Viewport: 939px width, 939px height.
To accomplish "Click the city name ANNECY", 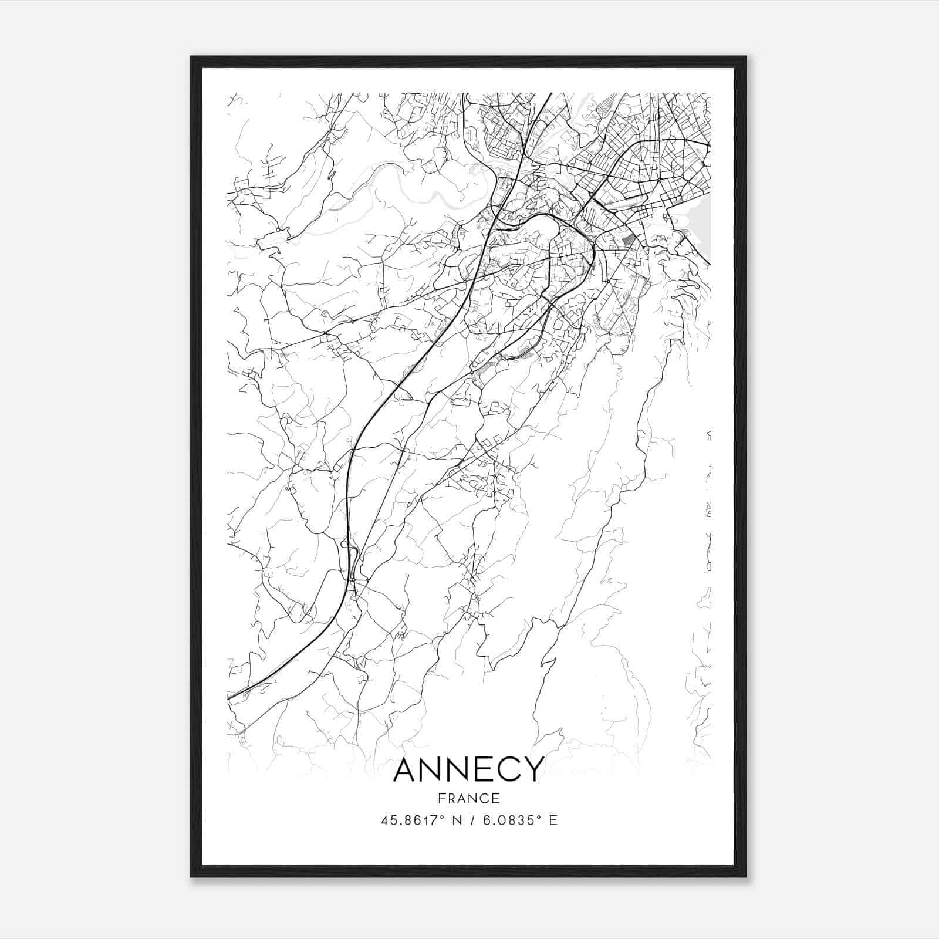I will pos(468,770).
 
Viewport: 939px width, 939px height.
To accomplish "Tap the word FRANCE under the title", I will pos(468,799).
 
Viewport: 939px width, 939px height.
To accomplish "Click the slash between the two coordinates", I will pos(471,820).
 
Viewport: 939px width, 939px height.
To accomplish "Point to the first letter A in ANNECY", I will pos(407,770).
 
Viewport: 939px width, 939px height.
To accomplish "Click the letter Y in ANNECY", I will pos(532,770).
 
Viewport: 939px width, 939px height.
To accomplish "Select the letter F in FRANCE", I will pos(441,799).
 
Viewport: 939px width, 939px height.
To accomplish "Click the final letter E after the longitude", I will pos(553,820).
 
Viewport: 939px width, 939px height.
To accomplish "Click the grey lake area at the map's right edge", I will pos(703,226).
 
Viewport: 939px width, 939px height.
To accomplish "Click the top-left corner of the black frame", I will pos(191,57).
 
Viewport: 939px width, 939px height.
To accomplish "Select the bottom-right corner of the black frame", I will pos(745,877).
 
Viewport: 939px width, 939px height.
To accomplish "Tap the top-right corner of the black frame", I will pos(745,57).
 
